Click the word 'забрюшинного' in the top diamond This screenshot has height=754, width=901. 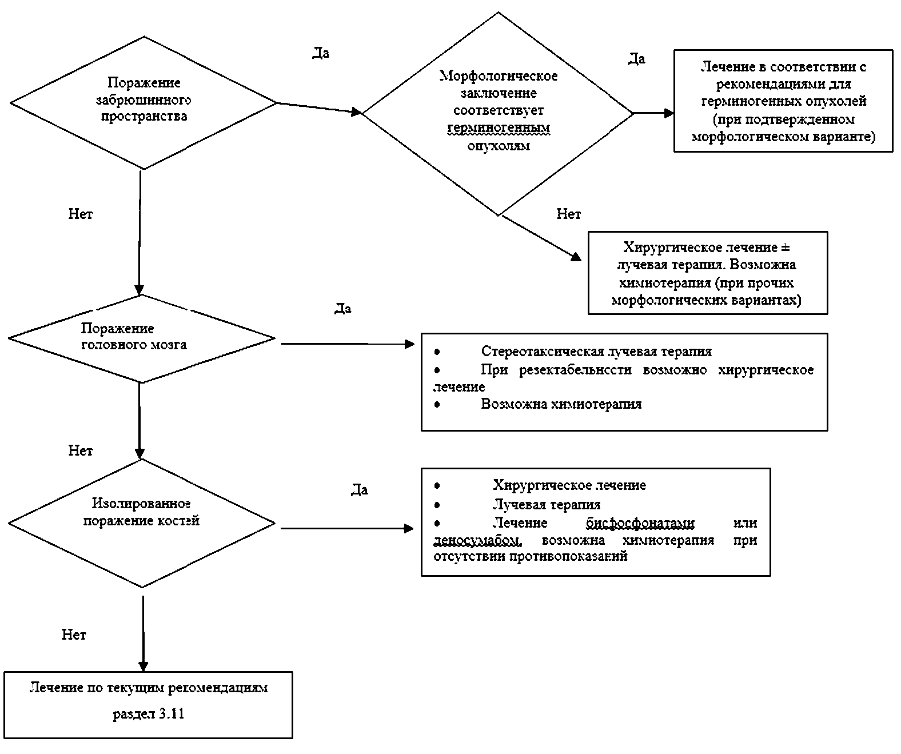point(143,100)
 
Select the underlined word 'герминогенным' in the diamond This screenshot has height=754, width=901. point(498,128)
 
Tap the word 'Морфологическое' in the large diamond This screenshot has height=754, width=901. point(498,76)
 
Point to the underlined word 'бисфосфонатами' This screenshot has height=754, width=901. point(640,523)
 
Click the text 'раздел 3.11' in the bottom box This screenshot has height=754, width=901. point(149,714)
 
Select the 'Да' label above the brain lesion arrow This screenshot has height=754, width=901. point(342,309)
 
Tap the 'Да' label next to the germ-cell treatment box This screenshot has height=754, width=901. point(637,59)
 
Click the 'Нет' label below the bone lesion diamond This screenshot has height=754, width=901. point(74,635)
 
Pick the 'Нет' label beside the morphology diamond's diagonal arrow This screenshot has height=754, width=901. point(568,214)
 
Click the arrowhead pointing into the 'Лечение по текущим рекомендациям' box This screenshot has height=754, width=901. point(143,667)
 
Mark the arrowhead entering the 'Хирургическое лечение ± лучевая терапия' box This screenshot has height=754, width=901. point(576,257)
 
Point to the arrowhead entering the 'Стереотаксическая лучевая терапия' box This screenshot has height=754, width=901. point(409,344)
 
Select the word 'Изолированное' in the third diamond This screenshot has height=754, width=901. point(141,504)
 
